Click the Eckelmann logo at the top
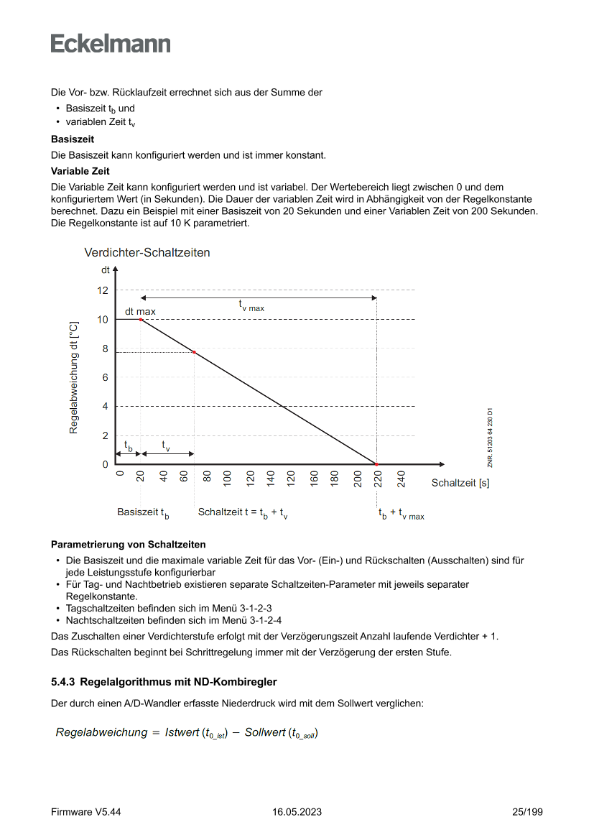pyautogui.click(x=111, y=44)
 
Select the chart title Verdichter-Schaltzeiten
pyautogui.click(x=147, y=253)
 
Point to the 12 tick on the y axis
pyautogui.click(x=103, y=290)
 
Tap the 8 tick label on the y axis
pyautogui.click(x=105, y=349)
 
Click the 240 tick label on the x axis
pyautogui.click(x=402, y=479)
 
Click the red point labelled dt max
pyautogui.click(x=141, y=319)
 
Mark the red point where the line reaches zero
pyautogui.click(x=376, y=465)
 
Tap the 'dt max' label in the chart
pyautogui.click(x=140, y=312)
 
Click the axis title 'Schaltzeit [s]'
pyautogui.click(x=460, y=484)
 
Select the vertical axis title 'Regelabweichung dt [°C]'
pyautogui.click(x=73, y=377)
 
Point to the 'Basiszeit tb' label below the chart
pyautogui.click(x=143, y=513)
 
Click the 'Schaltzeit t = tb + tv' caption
pyautogui.click(x=243, y=513)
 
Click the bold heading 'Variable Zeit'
pyautogui.click(x=80, y=171)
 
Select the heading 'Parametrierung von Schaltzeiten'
pyautogui.click(x=129, y=544)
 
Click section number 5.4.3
pyautogui.click(x=63, y=681)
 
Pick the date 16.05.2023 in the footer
pyautogui.click(x=297, y=812)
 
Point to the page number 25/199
pyautogui.click(x=527, y=812)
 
